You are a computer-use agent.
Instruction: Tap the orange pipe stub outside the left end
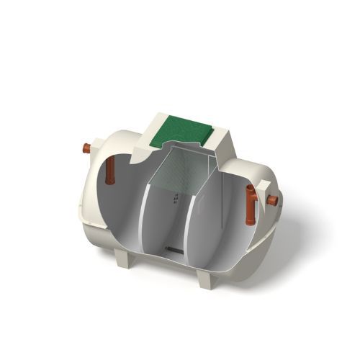[86, 149]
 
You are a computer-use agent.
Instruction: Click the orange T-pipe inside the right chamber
[251, 203]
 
